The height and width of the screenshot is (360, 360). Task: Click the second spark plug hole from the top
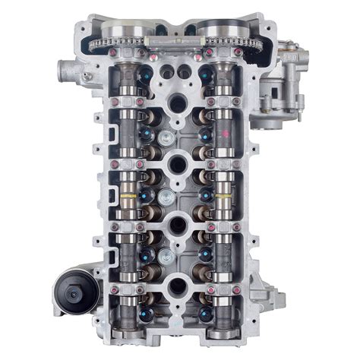[x=172, y=162]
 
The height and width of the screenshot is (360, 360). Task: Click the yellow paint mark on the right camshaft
[x=223, y=196]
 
